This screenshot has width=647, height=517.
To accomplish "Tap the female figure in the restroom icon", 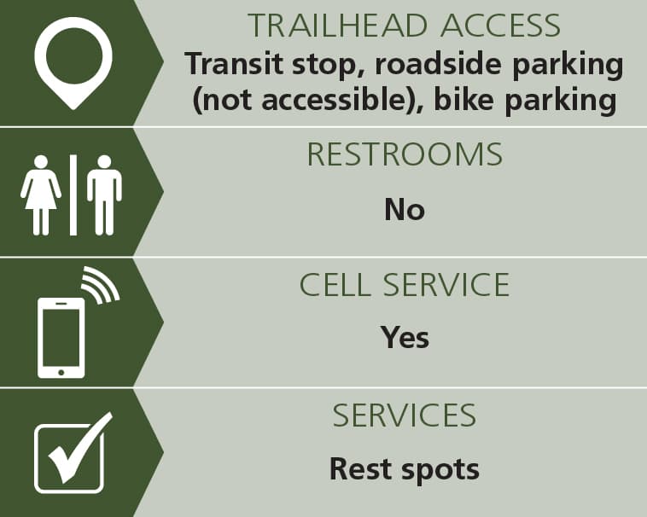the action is tap(41, 195).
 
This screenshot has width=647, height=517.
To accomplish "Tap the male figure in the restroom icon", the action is tap(104, 195).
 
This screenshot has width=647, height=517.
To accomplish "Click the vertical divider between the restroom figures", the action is tap(73, 195).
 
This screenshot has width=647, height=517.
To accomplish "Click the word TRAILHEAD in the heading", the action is tap(337, 26).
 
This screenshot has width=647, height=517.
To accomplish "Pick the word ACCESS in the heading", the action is tap(500, 26).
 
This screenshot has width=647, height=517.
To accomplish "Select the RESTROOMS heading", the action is tap(405, 154).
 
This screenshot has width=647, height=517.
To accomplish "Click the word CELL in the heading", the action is tap(335, 284).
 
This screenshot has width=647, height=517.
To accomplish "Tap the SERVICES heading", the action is tap(405, 415).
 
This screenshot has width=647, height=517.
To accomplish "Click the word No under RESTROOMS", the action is tap(405, 209).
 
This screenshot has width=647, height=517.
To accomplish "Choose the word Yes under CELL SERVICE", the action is tap(405, 337).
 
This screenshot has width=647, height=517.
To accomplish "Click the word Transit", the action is tap(234, 63).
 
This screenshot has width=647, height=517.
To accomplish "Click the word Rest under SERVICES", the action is tap(361, 468).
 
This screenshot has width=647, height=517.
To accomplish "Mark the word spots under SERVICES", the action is tap(440, 471).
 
